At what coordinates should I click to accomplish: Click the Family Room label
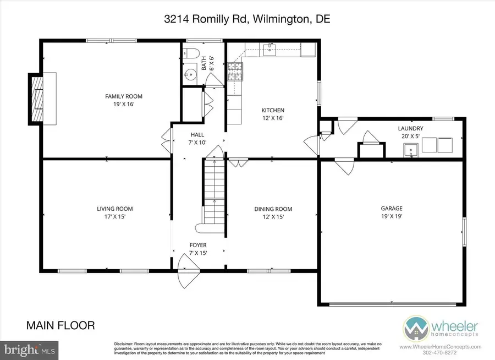(x=120, y=96)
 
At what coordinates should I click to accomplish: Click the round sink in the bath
(x=191, y=74)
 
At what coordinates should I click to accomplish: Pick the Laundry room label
(x=410, y=128)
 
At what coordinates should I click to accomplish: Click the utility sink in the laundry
(x=411, y=149)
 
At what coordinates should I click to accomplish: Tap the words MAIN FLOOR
(x=61, y=325)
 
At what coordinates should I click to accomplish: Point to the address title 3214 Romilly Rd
(x=246, y=19)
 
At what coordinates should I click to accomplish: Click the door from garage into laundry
(x=344, y=165)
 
